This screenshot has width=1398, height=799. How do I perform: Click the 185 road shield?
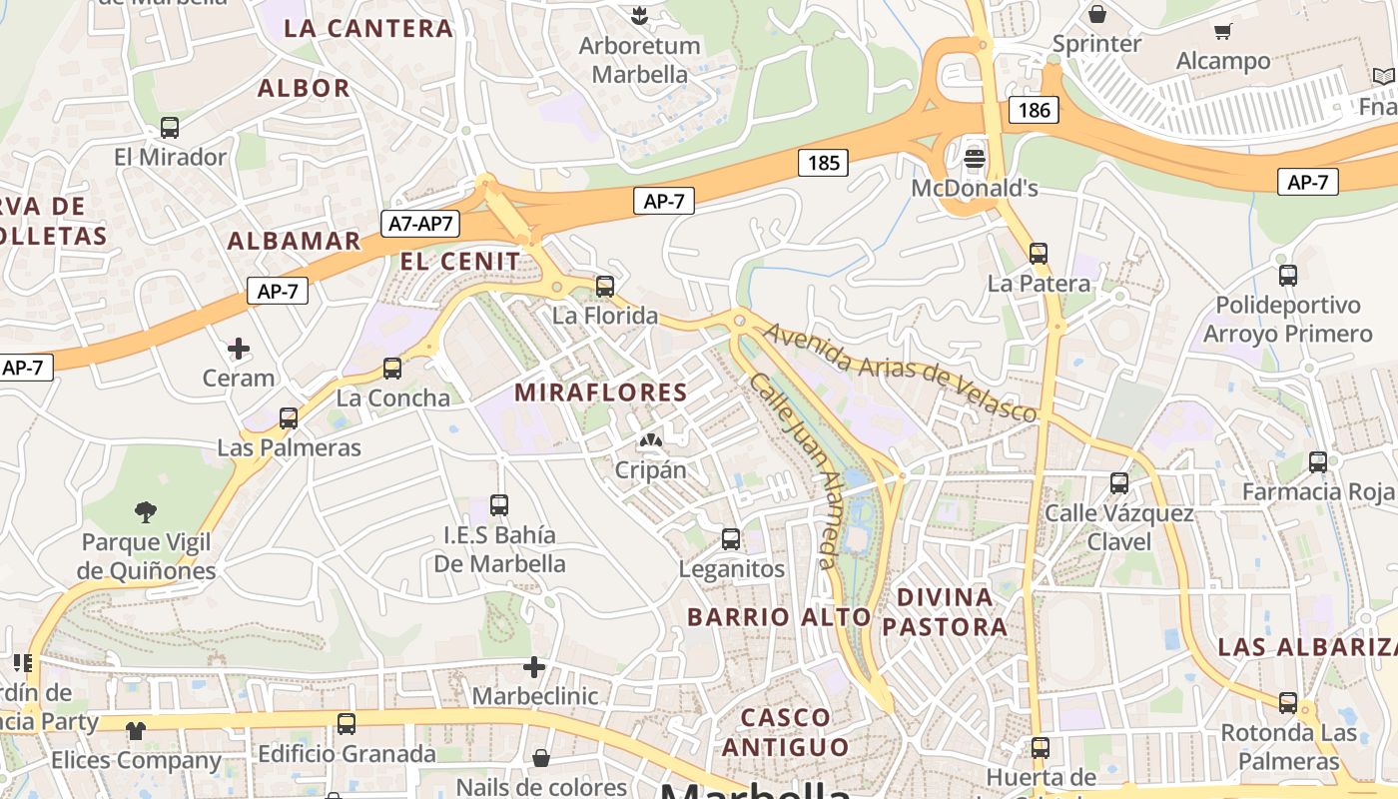tap(824, 162)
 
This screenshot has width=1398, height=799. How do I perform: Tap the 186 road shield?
tap(1035, 110)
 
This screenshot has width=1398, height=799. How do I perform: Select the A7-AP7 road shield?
tap(420, 224)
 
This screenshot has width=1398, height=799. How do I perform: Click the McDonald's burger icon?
tap(975, 158)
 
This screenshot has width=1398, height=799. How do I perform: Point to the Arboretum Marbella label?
tap(640, 60)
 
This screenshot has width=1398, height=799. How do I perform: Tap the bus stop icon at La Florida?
tap(604, 287)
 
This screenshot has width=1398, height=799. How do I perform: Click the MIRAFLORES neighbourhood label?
tap(601, 393)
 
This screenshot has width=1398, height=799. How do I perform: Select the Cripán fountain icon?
tap(651, 439)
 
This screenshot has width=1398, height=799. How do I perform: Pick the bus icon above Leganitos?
tap(731, 539)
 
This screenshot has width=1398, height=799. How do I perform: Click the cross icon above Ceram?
tap(239, 349)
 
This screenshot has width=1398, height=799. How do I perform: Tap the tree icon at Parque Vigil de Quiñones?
tap(146, 512)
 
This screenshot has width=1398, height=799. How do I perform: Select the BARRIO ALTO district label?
tap(780, 617)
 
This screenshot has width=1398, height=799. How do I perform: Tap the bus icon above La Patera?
tap(1039, 254)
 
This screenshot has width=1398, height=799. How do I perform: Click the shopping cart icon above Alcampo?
tap(1223, 31)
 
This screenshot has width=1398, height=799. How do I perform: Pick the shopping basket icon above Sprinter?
tap(1097, 14)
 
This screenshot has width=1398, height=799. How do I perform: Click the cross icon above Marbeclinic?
tap(534, 666)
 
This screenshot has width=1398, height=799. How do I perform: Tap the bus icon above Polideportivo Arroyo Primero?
tap(1288, 275)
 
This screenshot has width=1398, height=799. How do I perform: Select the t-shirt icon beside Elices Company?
tap(136, 730)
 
